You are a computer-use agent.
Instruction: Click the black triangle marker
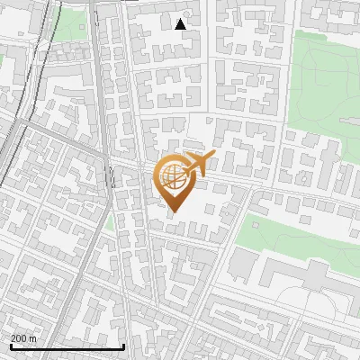click(181, 24)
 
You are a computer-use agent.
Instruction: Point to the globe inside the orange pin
click(173, 175)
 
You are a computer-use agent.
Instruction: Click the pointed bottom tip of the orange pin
click(175, 211)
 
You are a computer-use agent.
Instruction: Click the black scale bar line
click(67, 347)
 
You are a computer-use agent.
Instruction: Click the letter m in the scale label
click(33, 338)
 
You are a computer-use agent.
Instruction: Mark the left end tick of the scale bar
click(11, 346)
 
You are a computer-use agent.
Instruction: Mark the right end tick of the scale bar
click(124, 346)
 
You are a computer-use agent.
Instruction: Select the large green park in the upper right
click(328, 81)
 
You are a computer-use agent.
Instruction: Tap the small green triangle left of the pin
click(110, 221)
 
